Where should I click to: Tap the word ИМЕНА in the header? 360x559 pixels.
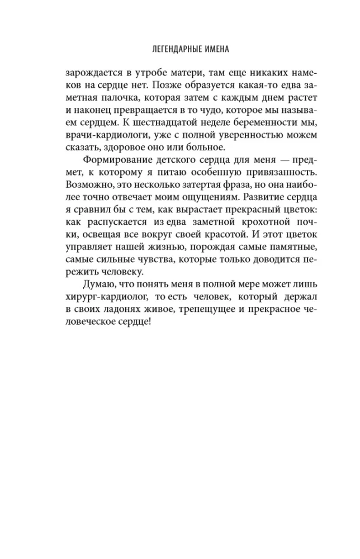(x=211, y=49)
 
